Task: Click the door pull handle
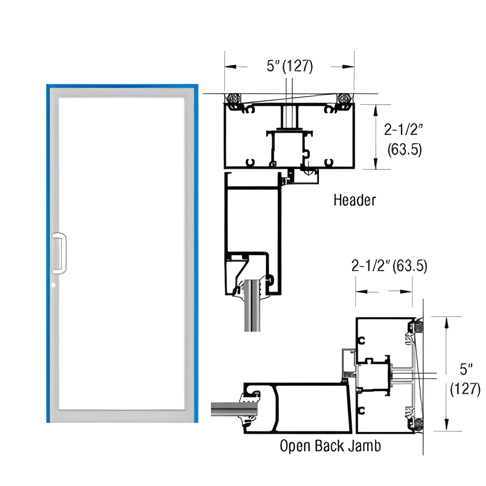[59, 253]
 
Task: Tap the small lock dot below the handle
[53, 285]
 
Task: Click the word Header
[354, 201]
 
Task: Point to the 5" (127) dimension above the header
[289, 66]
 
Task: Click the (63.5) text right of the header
[404, 150]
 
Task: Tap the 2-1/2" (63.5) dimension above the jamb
[389, 266]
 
